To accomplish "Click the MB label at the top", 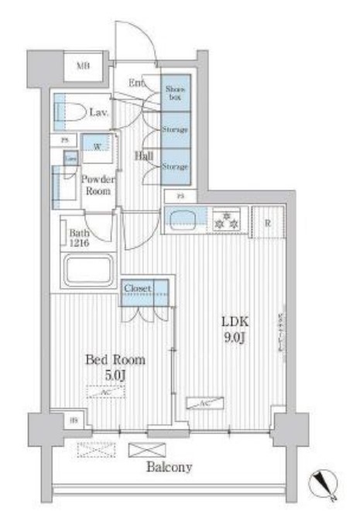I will pos(82,67).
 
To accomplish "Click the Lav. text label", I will pos(98,113).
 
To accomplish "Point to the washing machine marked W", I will pos(98,146).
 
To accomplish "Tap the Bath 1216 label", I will pos(78,237).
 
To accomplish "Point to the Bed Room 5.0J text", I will pos(115,366).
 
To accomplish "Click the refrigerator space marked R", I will pos(266,220).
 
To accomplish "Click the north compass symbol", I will pos(326,483).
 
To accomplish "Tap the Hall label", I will pos(143,156).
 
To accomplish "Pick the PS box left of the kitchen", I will pos(180,197).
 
